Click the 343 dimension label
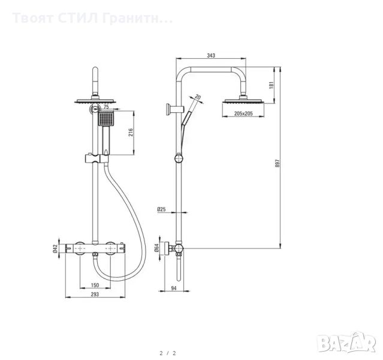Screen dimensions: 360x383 tap(210, 55)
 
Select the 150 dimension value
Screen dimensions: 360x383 tap(95, 286)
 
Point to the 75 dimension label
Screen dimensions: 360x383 tap(107, 107)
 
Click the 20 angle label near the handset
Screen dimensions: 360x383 tap(198, 97)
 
